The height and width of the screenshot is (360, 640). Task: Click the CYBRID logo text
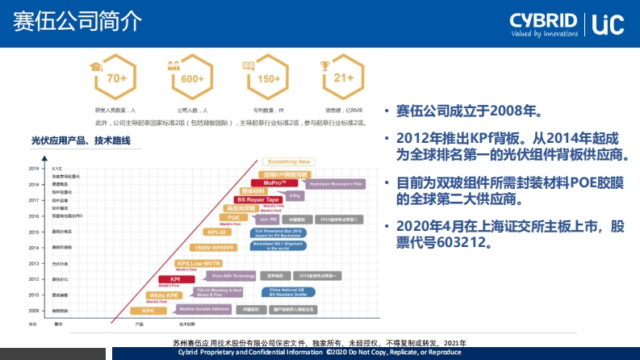point(543,21)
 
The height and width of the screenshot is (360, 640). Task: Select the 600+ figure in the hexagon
point(192,79)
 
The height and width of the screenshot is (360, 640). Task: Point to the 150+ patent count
point(269,79)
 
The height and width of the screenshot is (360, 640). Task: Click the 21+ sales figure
point(344,79)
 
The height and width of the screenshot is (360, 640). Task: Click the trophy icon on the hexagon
point(325,65)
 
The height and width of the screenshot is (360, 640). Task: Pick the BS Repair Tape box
point(258,199)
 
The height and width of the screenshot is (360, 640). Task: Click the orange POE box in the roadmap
point(233,218)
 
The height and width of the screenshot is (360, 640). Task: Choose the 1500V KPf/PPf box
point(213,247)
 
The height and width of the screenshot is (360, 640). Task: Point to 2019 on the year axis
point(33,169)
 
